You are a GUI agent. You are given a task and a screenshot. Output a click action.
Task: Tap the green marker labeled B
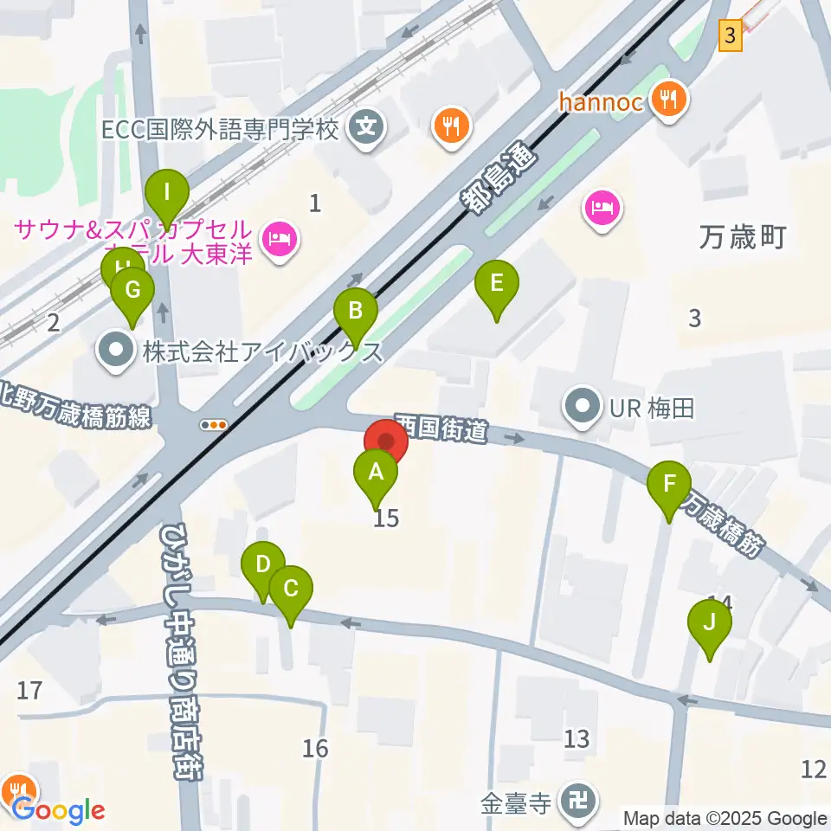point(355,312)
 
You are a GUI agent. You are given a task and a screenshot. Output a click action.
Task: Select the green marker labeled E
point(496,286)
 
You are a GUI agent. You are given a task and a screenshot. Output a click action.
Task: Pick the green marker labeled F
point(669,486)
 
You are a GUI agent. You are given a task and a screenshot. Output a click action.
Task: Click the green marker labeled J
point(710,624)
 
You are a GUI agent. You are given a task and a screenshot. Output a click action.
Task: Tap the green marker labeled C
point(291,590)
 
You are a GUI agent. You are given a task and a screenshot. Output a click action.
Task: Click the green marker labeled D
point(262,567)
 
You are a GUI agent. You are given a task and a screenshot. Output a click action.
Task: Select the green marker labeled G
point(132,291)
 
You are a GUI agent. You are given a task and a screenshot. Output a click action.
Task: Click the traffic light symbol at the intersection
point(214,424)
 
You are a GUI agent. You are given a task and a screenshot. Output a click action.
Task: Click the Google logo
point(58,811)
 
